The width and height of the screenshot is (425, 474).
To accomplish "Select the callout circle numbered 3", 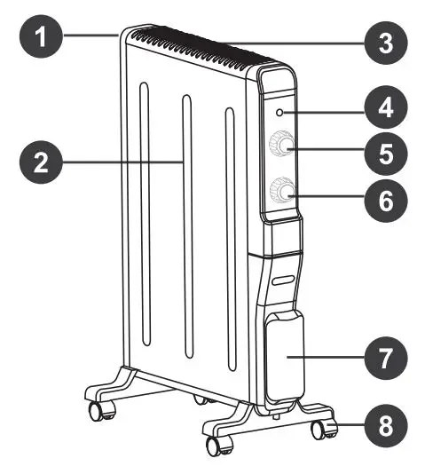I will (384, 41).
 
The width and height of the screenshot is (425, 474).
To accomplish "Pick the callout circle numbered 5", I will (384, 153).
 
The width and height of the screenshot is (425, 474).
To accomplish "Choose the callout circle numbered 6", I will (384, 201).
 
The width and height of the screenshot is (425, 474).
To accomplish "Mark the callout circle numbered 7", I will (384, 359).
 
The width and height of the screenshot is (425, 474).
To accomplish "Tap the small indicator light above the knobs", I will (279, 113).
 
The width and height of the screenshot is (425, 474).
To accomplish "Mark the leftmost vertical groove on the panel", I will (142, 222).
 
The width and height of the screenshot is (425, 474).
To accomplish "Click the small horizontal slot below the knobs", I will (282, 280).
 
